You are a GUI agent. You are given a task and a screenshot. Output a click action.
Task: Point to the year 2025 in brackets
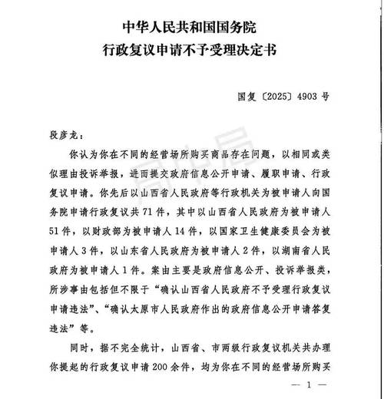point(283,97)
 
